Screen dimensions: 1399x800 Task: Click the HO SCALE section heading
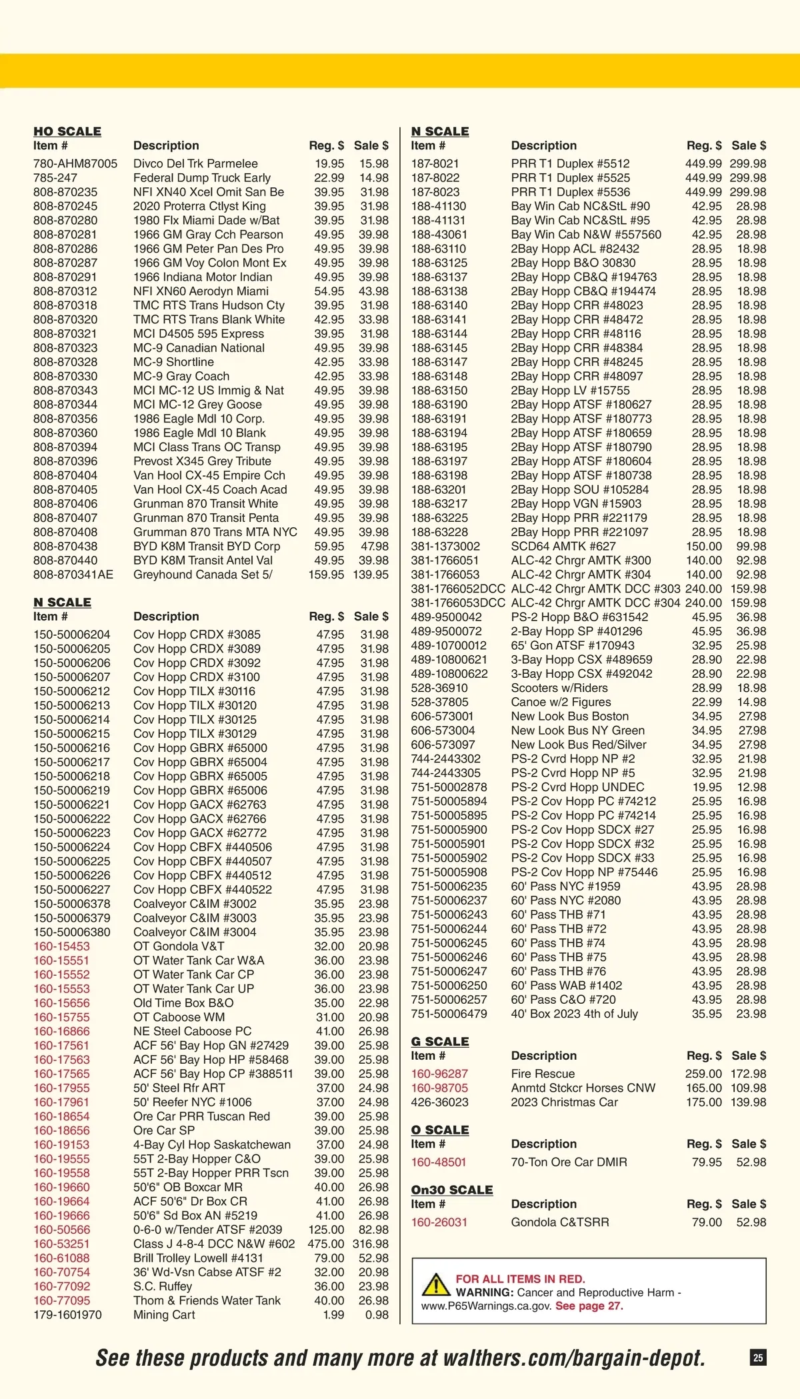(67, 131)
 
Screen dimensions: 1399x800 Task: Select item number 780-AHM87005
(75, 163)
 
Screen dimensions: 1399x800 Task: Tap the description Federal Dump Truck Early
(202, 178)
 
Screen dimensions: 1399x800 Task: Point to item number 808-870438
(65, 547)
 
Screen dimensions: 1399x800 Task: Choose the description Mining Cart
(164, 1315)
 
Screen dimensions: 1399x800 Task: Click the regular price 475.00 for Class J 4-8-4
(326, 1244)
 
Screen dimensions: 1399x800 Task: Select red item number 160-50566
(62, 1230)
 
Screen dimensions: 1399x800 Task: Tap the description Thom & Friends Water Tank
(207, 1300)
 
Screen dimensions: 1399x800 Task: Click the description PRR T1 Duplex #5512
(570, 163)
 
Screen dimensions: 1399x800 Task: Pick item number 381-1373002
(445, 547)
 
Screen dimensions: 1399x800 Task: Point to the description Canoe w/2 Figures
(561, 702)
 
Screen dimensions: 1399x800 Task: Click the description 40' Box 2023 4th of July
(574, 1014)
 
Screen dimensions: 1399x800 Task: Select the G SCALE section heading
(440, 1041)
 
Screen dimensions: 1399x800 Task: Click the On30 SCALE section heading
(452, 1190)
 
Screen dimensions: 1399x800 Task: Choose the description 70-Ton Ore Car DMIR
(569, 1162)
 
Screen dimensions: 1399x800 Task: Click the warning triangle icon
(435, 1284)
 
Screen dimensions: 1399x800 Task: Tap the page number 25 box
(758, 1357)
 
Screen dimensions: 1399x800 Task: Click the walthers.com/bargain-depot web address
(573, 1358)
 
